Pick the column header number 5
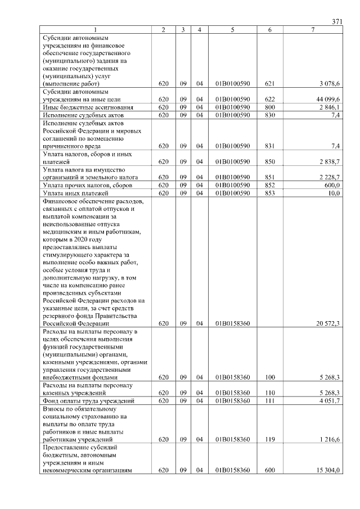pyautogui.click(x=232, y=29)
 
